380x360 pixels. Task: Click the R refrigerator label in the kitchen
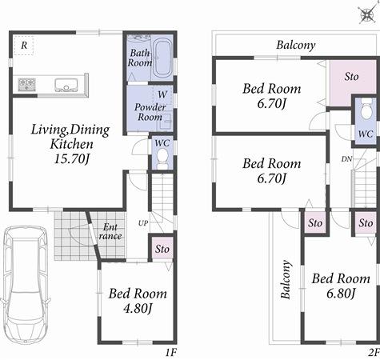pos(25,45)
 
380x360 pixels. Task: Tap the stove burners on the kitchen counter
pos(26,82)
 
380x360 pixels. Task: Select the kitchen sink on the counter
pos(64,82)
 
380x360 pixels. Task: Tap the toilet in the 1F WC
pos(162,157)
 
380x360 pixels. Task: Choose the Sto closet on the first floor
pos(162,249)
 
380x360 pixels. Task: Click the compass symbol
pos(365,14)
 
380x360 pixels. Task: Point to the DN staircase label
pos(346,159)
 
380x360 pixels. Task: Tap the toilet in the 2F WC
pos(365,107)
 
